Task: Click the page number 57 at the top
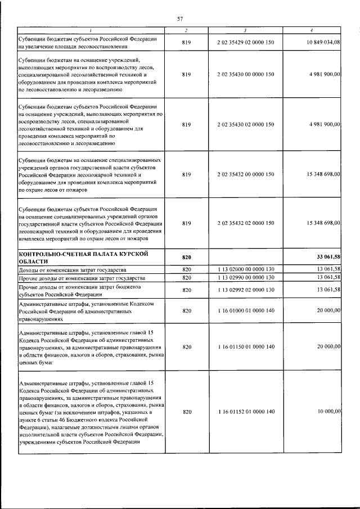pos(180,19)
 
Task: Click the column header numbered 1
pos(91,30)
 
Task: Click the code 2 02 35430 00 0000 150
pos(245,74)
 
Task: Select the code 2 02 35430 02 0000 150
pos(245,124)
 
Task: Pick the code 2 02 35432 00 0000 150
pos(245,174)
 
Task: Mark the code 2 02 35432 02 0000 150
pos(245,223)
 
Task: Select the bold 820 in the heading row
pos(187,257)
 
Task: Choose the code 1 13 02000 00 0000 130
pos(245,269)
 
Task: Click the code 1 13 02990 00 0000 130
pos(245,277)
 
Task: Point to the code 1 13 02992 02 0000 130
pos(245,290)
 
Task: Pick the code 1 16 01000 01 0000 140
pos(245,310)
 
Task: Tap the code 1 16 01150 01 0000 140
pos(245,347)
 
